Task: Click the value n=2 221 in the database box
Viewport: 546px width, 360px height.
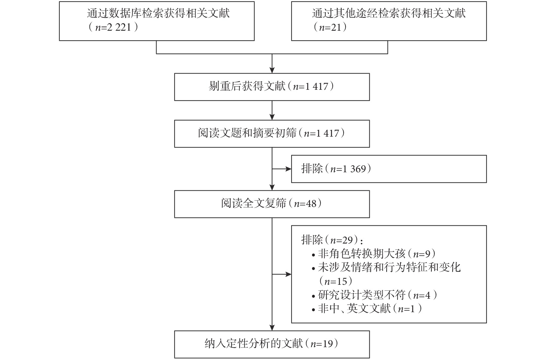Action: pos(113,27)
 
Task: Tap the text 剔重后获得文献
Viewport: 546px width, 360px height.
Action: pos(247,86)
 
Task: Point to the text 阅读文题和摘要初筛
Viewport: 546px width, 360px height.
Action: pos(247,133)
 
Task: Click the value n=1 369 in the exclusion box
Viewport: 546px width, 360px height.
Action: pos(348,169)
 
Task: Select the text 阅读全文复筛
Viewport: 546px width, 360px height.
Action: pos(254,203)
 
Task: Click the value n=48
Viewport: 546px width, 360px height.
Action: pos(305,204)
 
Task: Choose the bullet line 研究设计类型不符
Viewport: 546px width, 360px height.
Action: pos(374,295)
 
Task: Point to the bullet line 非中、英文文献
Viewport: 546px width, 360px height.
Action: pos(367,309)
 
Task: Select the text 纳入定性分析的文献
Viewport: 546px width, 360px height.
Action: pos(254,344)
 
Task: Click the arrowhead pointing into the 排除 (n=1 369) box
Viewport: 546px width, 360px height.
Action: pos(289,169)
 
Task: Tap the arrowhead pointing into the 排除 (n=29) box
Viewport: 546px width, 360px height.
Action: pos(289,274)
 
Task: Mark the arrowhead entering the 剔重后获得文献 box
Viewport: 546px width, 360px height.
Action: pos(272,70)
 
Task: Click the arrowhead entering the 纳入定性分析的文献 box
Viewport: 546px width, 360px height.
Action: pos(272,328)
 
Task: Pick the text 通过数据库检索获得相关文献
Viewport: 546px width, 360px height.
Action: pos(158,13)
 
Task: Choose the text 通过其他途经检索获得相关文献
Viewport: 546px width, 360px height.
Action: pos(389,13)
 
